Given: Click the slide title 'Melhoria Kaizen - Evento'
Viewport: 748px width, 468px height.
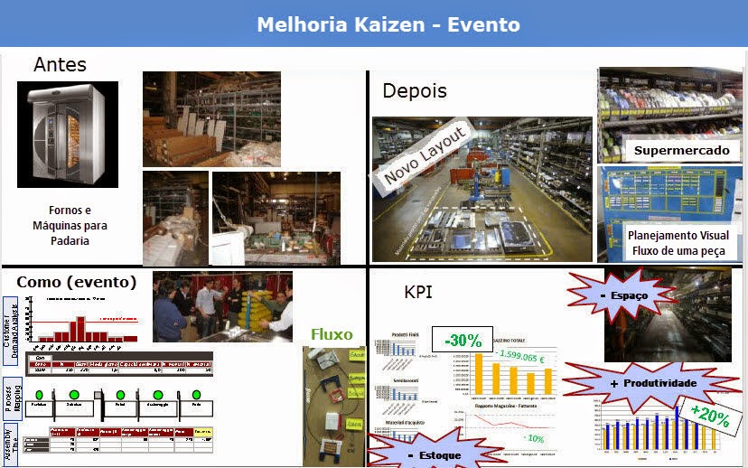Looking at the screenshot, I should pyautogui.click(x=388, y=23).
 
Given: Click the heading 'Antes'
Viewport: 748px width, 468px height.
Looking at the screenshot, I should pyautogui.click(x=60, y=65).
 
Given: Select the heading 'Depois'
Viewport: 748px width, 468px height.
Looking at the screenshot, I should pyautogui.click(x=415, y=91).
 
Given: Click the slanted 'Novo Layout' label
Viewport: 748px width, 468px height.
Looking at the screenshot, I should pyautogui.click(x=424, y=156).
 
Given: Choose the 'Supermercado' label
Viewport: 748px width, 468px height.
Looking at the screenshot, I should pyautogui.click(x=681, y=150).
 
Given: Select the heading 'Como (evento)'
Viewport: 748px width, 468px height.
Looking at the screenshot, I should pyautogui.click(x=77, y=281).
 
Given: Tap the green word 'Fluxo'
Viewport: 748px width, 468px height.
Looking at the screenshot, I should pyautogui.click(x=332, y=334).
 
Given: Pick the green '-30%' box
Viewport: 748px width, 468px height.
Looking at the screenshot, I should pyautogui.click(x=463, y=341).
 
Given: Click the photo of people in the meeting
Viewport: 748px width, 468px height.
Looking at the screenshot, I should pyautogui.click(x=222, y=306).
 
